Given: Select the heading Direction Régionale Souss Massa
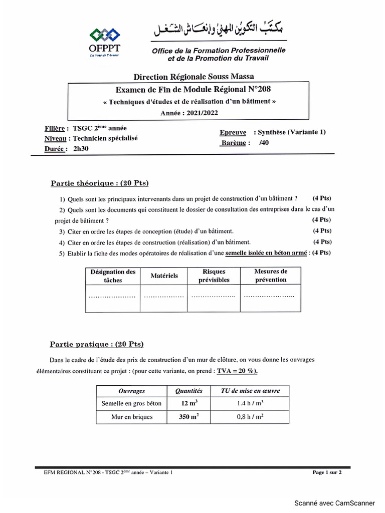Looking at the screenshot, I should coord(194,77).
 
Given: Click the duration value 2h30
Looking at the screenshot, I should coord(81,148).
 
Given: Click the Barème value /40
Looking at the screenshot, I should coord(264,143).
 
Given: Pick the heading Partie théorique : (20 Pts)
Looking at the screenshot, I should coord(100,183).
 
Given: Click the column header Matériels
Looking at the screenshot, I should coord(164,276).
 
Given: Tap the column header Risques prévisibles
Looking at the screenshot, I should coord(214,276).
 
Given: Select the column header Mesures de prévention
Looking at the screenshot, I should coord(271,276).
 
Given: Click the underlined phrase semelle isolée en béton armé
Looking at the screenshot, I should coord(266,253).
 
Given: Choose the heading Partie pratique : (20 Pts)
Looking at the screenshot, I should coord(96,344).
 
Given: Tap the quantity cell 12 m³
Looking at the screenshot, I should coord(188,403).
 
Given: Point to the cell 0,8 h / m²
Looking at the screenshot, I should coord(251,417).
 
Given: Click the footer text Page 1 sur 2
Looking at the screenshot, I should coord(327,472).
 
